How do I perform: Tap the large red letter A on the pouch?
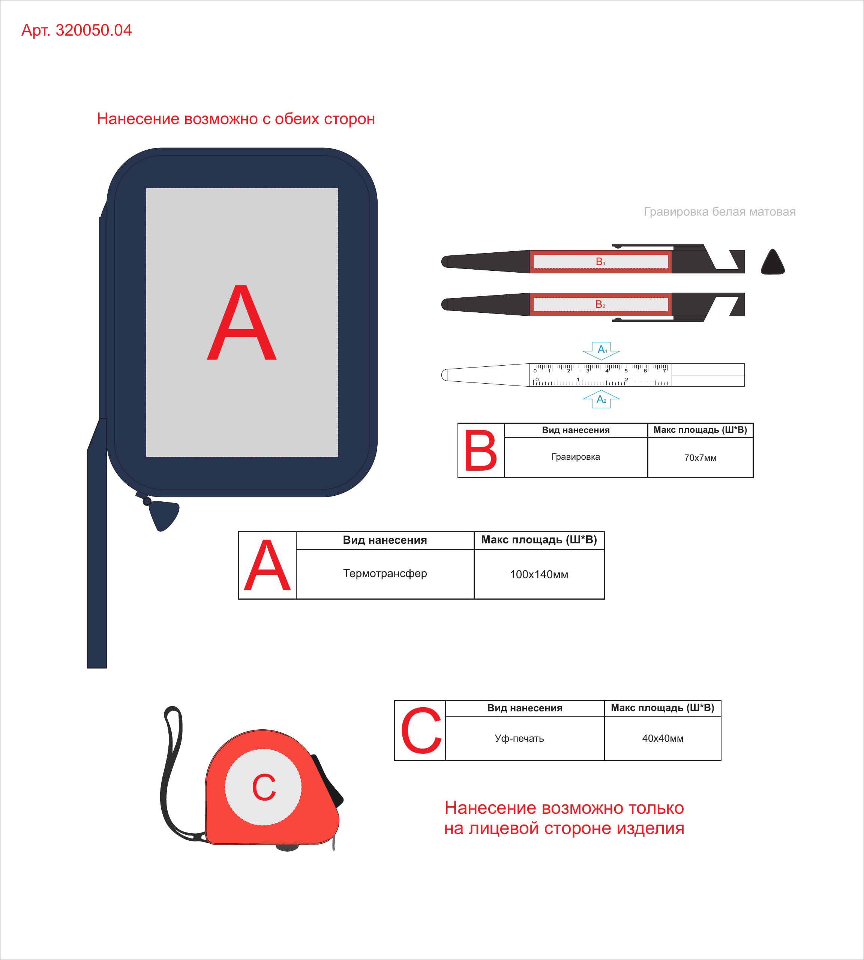click(241, 323)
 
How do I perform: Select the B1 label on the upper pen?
click(600, 262)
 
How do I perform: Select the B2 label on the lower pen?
click(600, 304)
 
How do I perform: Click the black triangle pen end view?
click(773, 262)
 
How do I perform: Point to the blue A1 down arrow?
click(601, 350)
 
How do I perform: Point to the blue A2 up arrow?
click(601, 399)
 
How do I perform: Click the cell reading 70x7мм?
click(700, 457)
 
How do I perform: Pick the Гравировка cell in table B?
click(576, 457)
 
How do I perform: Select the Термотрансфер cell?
click(385, 573)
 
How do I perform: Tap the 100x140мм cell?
click(539, 574)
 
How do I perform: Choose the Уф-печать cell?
click(519, 738)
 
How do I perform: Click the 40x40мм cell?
click(663, 738)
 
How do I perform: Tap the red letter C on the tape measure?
click(264, 787)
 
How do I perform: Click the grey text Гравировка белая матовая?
click(720, 212)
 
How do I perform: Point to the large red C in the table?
click(421, 730)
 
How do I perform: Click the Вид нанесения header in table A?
click(385, 540)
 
